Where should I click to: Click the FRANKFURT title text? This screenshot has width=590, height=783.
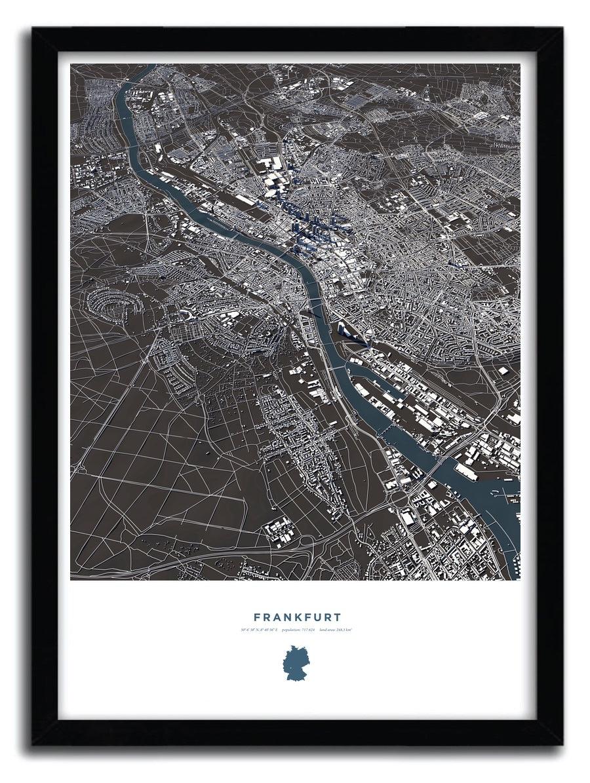[297, 617]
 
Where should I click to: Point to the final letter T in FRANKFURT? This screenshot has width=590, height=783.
[337, 617]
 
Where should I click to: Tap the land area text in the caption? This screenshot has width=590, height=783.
[336, 630]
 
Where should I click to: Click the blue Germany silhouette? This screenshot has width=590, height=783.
[295, 662]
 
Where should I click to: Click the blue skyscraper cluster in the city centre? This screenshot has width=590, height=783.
[308, 229]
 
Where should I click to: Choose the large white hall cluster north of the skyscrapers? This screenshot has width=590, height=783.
[269, 166]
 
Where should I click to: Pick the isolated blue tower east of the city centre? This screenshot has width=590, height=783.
[452, 265]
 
